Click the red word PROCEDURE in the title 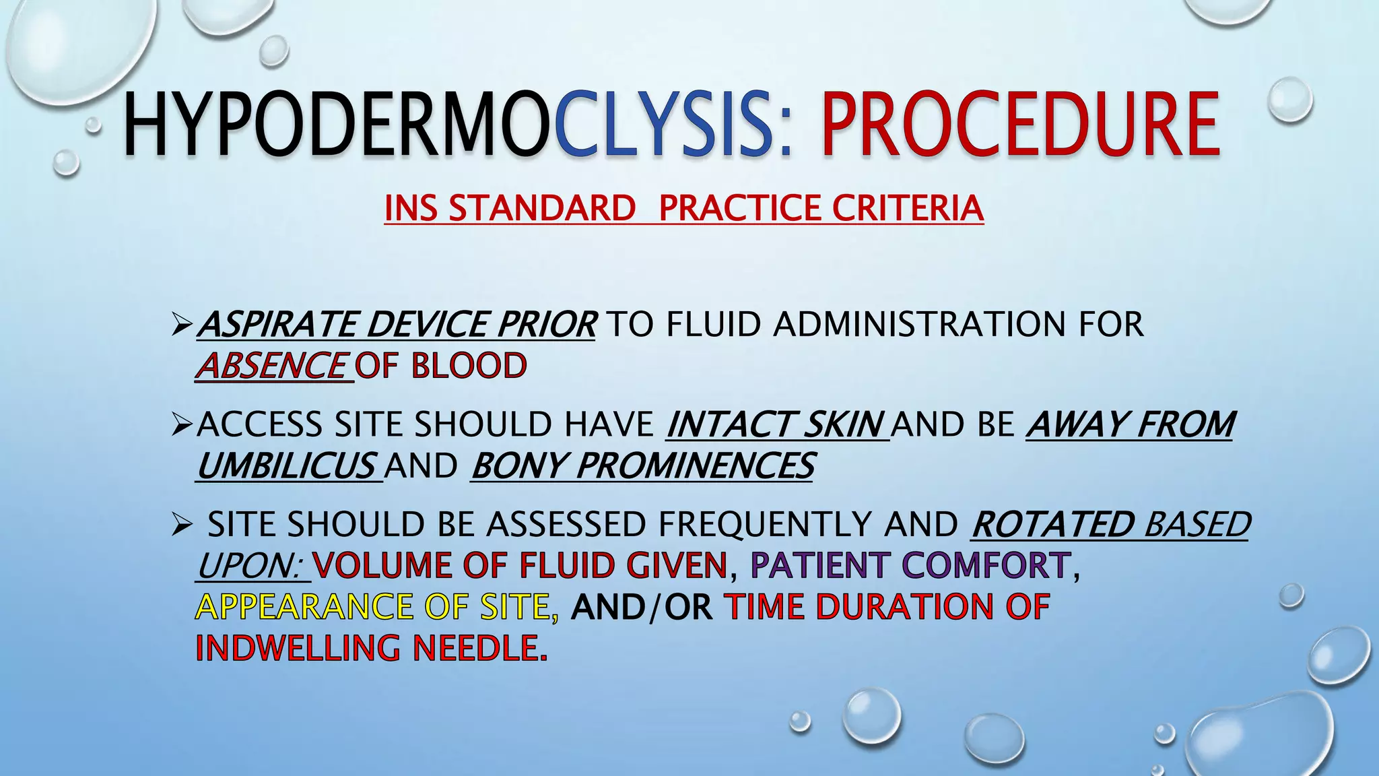pos(1021,125)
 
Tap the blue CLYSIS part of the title pos(663,125)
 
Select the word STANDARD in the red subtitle pos(542,207)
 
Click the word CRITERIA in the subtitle pos(908,207)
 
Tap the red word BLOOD pos(469,366)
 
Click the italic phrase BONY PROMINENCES pos(643,465)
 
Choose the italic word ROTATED pos(1054,524)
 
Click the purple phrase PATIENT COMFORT pos(910,565)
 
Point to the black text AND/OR pos(642,607)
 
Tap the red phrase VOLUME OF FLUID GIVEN pos(520,565)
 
